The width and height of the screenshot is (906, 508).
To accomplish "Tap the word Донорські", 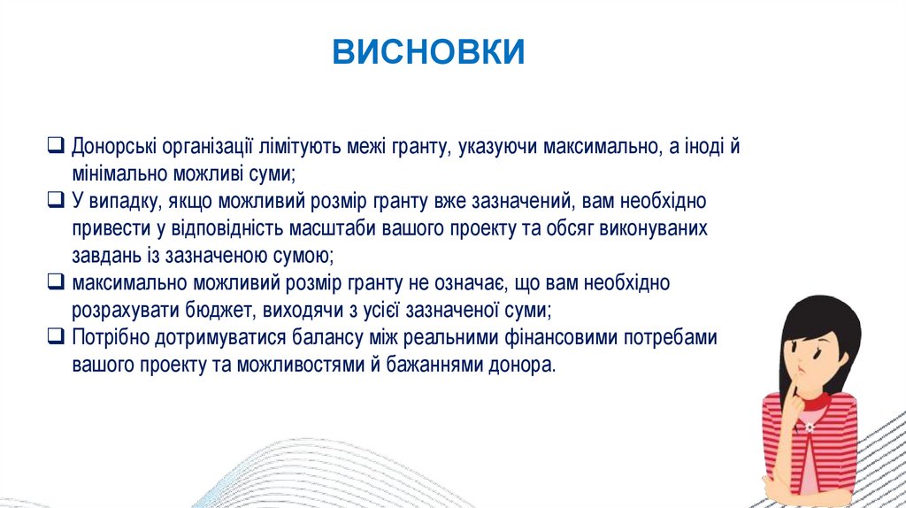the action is point(114,148).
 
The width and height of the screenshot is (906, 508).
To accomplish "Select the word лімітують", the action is point(300,147).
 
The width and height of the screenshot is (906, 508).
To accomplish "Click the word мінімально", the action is point(119,173).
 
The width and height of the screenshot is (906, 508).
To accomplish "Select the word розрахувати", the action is point(126,311).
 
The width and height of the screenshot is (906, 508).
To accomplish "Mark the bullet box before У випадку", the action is point(56,199).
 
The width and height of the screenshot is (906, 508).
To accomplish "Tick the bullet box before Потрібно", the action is point(56,335).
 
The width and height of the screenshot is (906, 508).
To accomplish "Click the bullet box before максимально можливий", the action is point(56,281).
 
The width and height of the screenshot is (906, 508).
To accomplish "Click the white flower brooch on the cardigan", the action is point(809,427).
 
